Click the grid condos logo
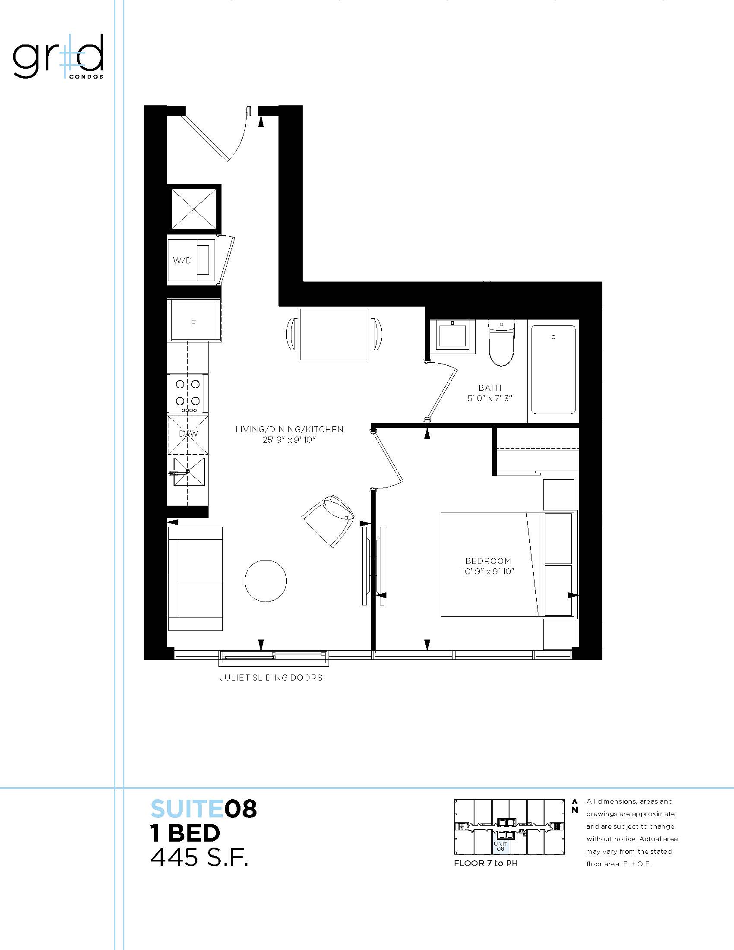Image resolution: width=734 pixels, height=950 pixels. click(58, 57)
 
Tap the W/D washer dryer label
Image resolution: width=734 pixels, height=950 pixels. click(182, 260)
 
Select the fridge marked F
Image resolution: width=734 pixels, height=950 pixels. click(193, 323)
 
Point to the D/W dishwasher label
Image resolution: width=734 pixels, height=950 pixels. click(188, 434)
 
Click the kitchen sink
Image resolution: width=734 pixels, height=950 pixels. click(188, 472)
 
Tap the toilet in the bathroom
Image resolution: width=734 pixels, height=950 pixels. click(501, 342)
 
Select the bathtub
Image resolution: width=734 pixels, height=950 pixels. click(553, 370)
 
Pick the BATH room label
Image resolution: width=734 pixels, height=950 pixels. click(490, 388)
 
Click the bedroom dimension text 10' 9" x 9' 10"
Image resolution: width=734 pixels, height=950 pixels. click(488, 572)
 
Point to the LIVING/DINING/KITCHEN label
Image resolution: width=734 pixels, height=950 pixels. click(289, 429)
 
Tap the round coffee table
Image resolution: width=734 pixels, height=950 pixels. click(266, 581)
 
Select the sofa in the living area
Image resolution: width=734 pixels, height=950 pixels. click(195, 579)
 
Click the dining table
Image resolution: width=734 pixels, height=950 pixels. click(334, 335)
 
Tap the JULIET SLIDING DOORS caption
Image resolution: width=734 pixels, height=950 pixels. click(271, 678)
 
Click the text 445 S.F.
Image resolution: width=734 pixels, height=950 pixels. click(199, 857)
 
